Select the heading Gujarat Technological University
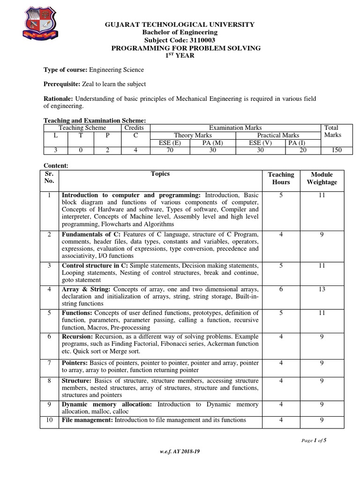point(180,24)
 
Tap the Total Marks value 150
point(336,150)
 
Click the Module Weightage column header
point(322,178)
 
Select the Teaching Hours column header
point(281,178)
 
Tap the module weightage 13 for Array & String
point(322,290)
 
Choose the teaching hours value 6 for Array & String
point(281,290)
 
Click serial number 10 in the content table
point(50,420)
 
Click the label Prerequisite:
point(65,84)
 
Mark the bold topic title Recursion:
point(78,337)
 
